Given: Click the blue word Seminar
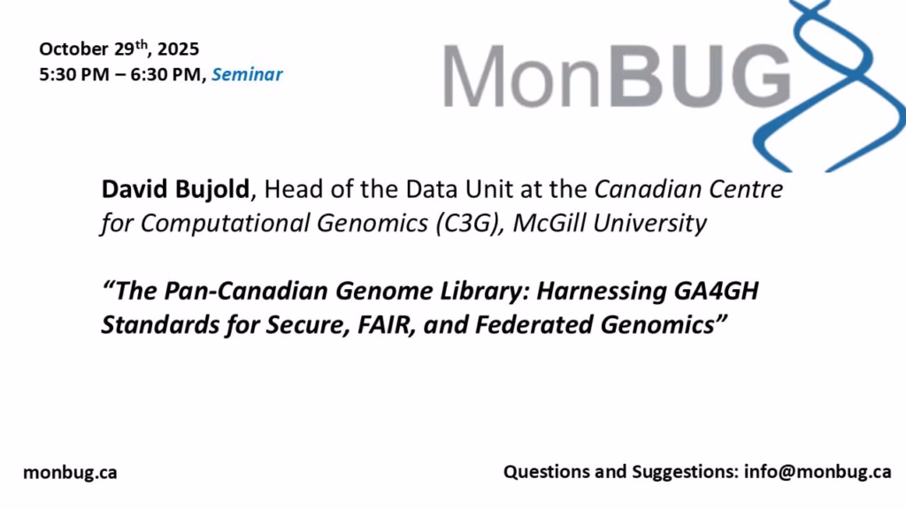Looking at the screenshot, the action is pos(247,74).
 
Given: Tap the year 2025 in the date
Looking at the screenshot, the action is pos(178,49).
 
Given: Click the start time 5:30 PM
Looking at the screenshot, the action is pos(74,74).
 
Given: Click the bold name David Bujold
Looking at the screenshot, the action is pos(176,189).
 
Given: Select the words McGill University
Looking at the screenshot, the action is pos(610,224).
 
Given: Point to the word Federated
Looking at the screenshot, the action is pos(535,324).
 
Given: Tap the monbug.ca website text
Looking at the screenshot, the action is pos(70,473).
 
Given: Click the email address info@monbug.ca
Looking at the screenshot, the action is pos(818,472).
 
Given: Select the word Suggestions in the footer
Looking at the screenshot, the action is pos(686,472).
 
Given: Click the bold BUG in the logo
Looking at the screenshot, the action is pos(699,76).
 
